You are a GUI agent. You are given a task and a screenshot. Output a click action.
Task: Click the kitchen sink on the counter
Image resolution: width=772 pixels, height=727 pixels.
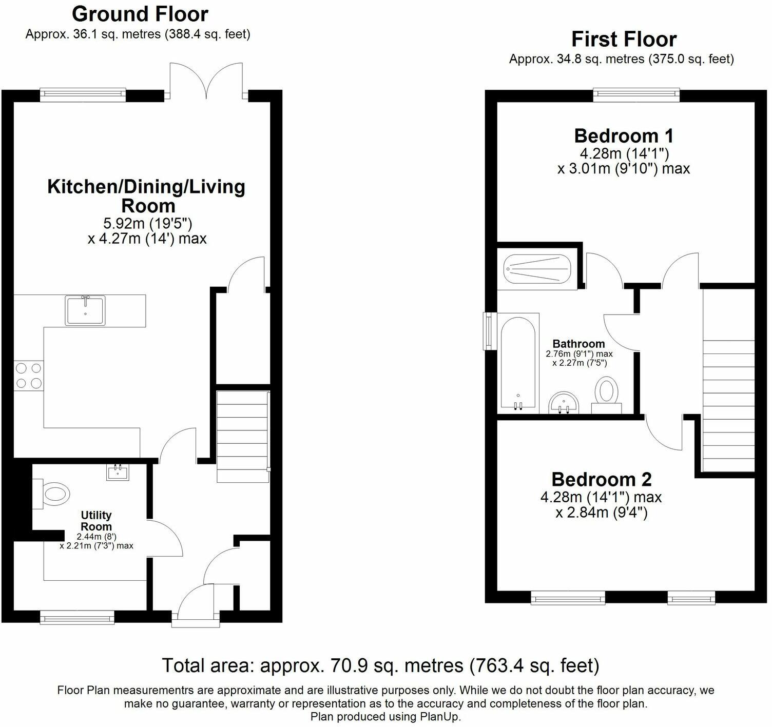click(x=85, y=310)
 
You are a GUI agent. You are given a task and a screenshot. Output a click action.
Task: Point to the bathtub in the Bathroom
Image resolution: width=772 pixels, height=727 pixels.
click(x=519, y=363)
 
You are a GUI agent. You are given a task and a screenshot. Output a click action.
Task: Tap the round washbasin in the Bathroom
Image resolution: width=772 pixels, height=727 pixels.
click(x=564, y=403)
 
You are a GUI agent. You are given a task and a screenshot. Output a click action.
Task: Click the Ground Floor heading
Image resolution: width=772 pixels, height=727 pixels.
click(x=140, y=14)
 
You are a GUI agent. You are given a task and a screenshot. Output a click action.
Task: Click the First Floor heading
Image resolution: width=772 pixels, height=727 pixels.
click(x=624, y=39)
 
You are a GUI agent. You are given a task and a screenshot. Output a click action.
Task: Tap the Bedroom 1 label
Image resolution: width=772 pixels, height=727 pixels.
click(x=624, y=136)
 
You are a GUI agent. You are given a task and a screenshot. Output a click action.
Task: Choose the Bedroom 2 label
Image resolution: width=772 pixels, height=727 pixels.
click(x=601, y=479)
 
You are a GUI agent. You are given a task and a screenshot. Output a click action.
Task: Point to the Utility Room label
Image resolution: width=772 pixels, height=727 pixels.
click(x=96, y=521)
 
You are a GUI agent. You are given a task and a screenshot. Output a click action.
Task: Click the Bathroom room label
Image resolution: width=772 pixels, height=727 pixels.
click(x=578, y=344)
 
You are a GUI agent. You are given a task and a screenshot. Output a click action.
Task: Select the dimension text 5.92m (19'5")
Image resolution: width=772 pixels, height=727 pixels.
click(x=147, y=223)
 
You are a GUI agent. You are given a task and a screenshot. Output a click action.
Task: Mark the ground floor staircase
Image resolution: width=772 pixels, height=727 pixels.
click(x=243, y=436)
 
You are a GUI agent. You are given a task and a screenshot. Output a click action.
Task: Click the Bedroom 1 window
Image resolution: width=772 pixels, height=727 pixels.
click(x=636, y=93)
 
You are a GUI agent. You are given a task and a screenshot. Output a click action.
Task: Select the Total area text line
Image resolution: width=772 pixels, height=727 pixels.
click(x=380, y=665)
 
